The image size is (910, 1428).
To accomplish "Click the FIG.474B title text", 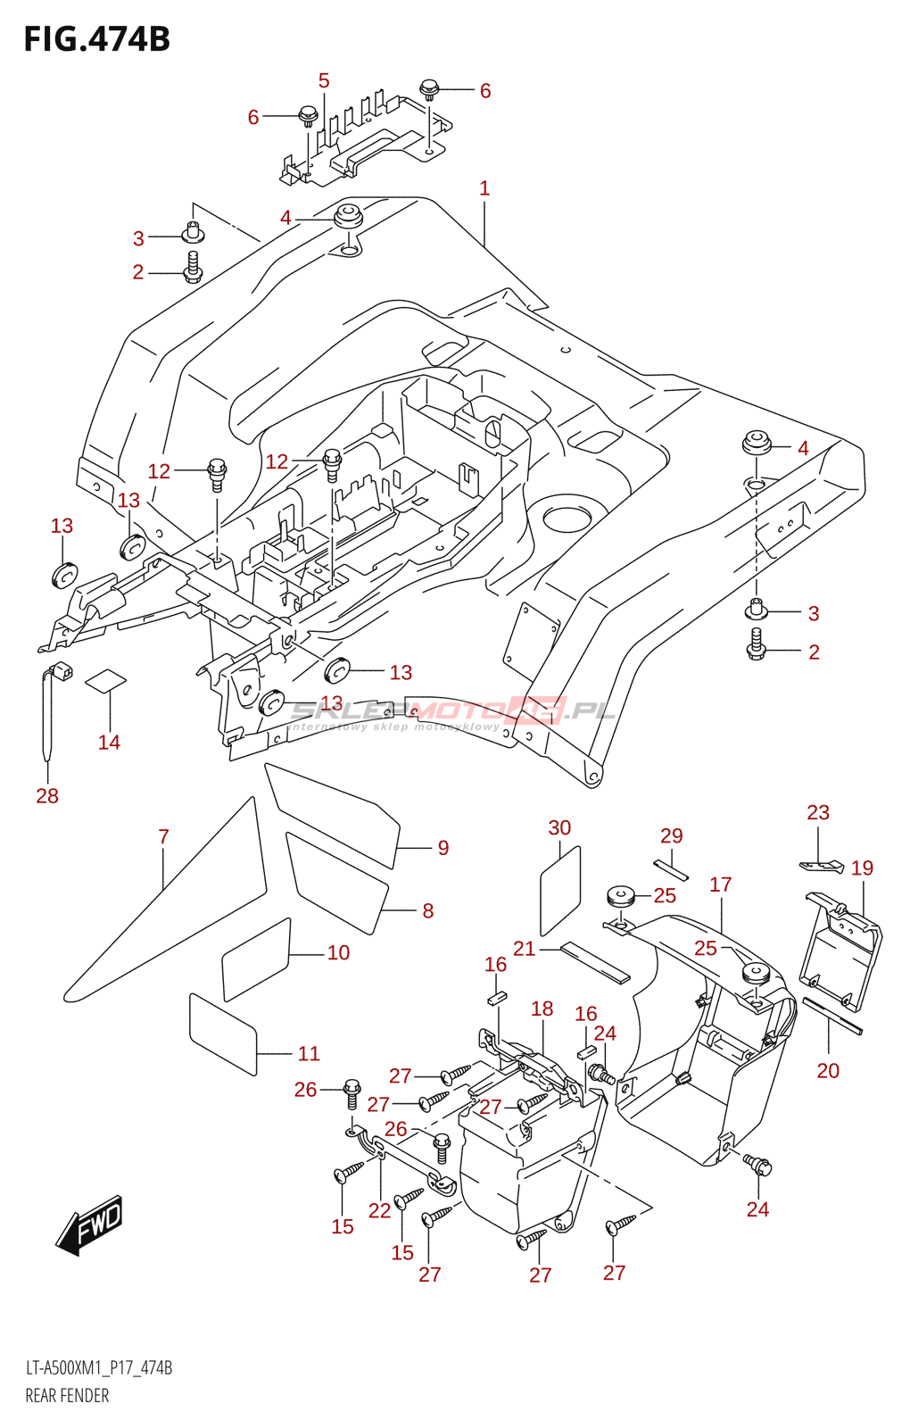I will (96, 39).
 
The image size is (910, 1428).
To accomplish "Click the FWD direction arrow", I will (90, 1224).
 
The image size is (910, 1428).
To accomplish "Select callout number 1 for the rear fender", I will (484, 188).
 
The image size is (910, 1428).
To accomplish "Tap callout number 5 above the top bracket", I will (324, 81).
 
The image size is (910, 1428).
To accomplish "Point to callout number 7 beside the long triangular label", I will (163, 836).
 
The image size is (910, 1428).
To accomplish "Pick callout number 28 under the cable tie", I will (47, 795).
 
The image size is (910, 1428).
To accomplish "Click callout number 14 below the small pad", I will (109, 742).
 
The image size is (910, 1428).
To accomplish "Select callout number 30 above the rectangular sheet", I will (559, 827).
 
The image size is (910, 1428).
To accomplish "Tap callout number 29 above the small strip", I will (671, 835).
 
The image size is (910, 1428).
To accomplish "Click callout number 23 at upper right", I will (817, 812).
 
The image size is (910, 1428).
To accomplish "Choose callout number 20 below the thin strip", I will (828, 1070).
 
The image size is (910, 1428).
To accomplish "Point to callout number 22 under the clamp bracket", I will (380, 1210).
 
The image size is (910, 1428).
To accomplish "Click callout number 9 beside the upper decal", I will (443, 848).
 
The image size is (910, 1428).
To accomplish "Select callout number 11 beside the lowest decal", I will (309, 1053).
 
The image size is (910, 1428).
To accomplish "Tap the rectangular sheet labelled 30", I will (560, 890).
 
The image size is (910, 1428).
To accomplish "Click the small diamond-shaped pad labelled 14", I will (105, 680).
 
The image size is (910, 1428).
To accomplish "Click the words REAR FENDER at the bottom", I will (67, 1396).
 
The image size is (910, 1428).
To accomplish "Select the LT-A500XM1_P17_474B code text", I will (98, 1368).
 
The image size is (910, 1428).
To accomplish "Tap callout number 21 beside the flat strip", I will (524, 949).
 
